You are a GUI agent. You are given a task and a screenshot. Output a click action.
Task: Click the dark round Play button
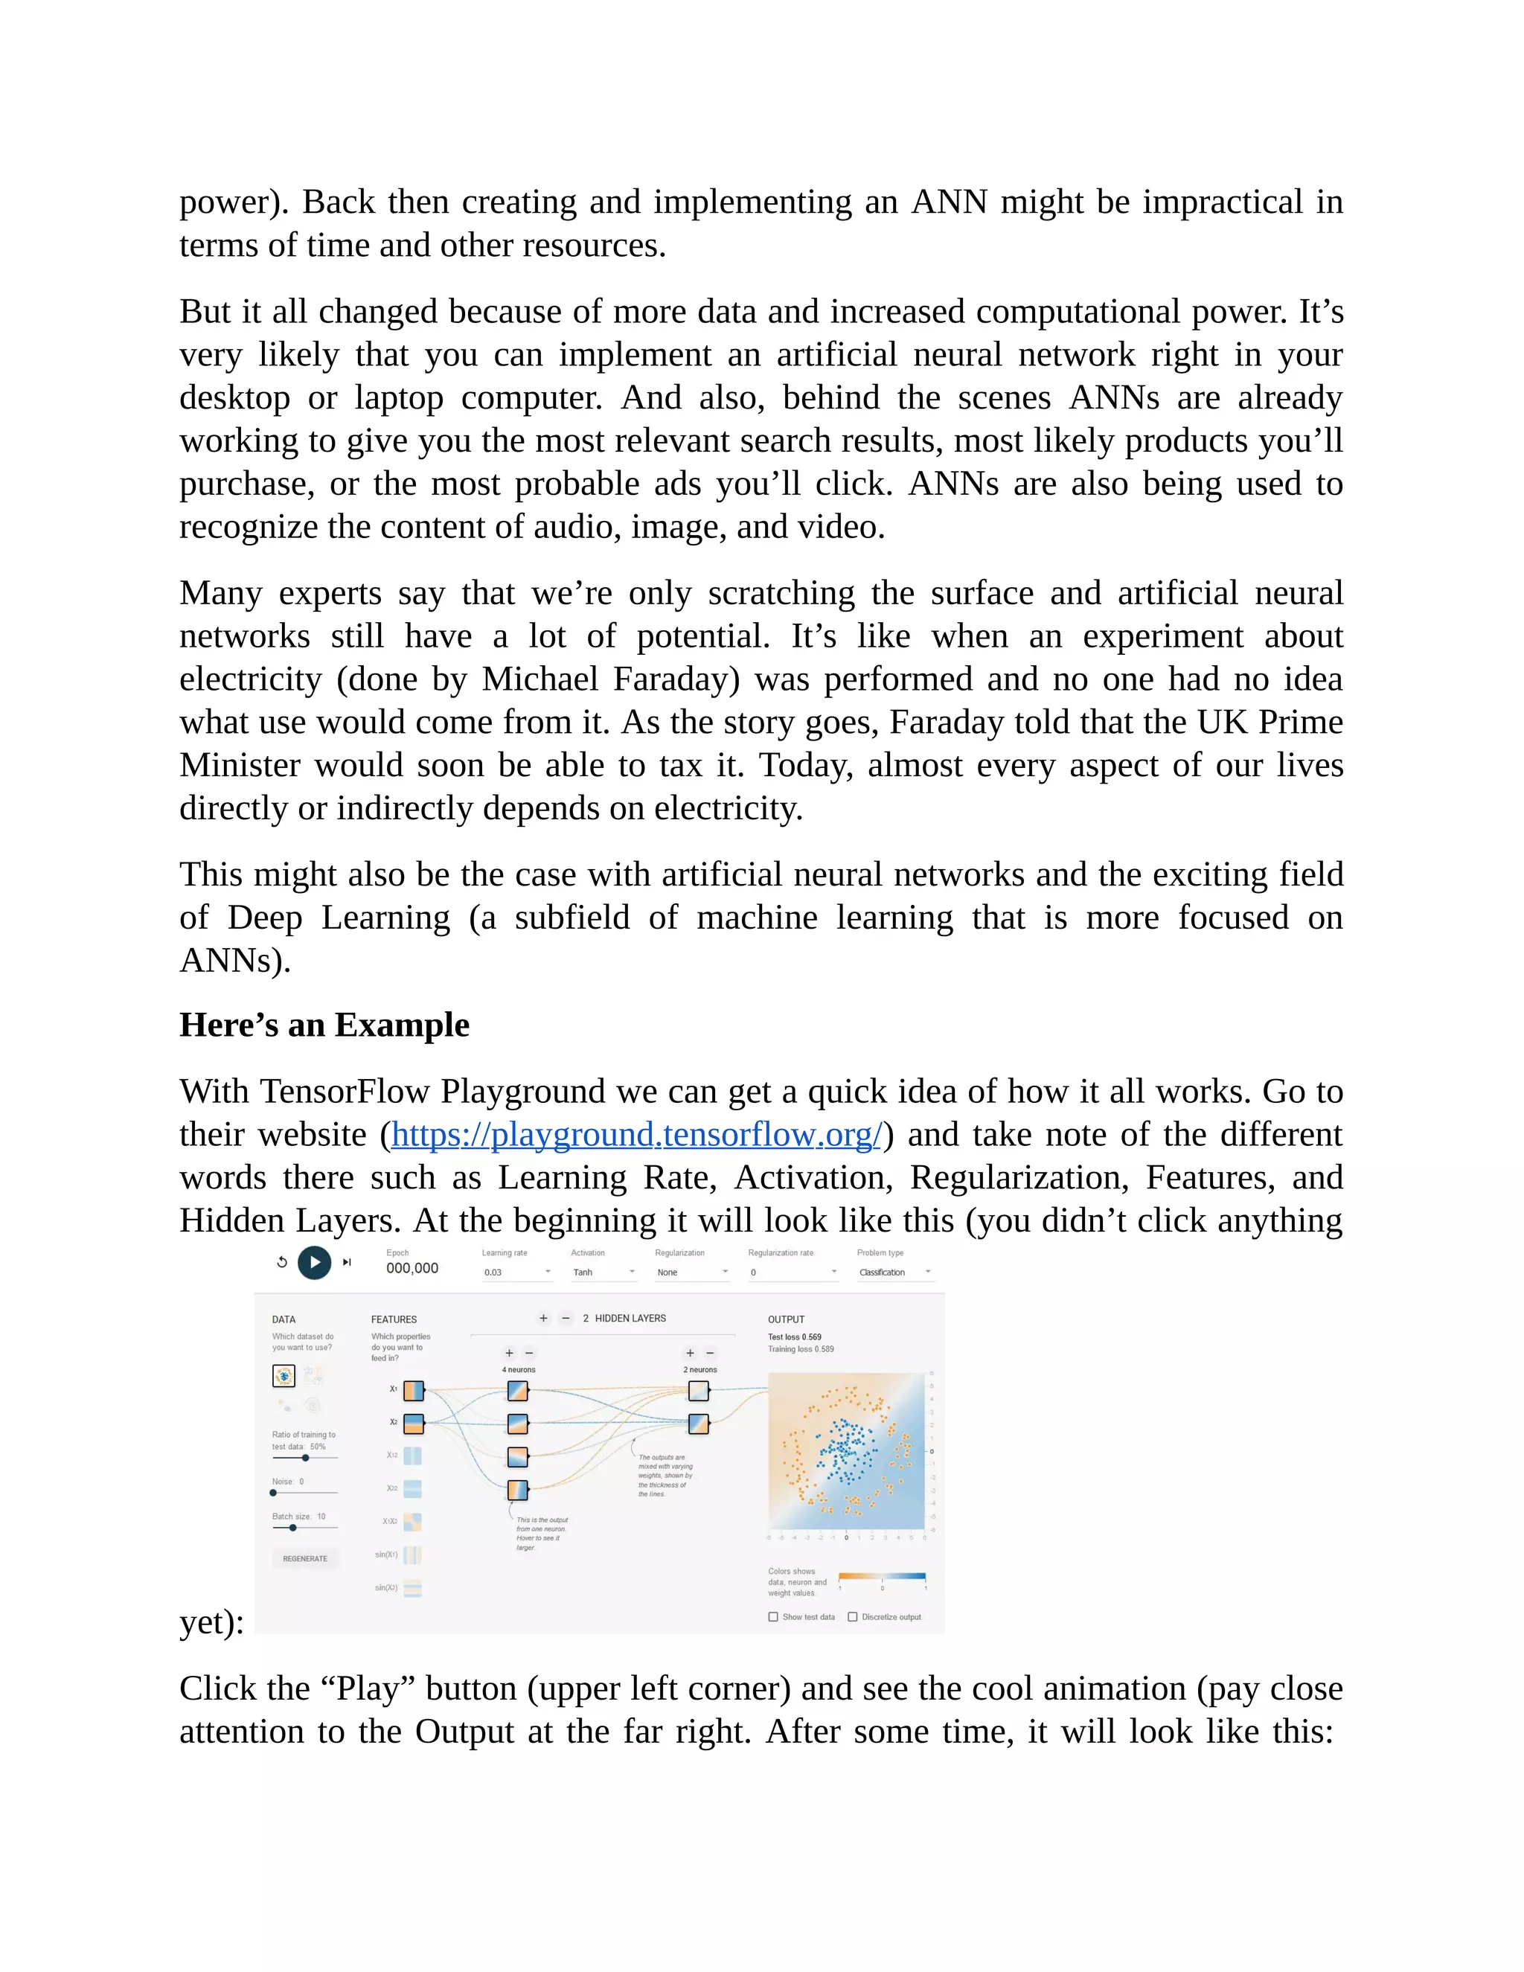(314, 1262)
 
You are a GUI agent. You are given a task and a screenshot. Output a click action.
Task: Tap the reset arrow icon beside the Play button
(282, 1262)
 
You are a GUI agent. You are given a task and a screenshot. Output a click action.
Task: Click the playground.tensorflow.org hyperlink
(635, 1135)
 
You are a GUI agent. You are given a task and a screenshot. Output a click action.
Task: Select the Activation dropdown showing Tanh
(603, 1272)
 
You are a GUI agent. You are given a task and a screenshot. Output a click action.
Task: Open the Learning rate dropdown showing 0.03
(516, 1272)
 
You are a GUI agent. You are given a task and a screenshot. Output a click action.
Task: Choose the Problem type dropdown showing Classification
(893, 1272)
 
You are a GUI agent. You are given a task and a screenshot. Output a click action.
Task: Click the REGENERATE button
(305, 1558)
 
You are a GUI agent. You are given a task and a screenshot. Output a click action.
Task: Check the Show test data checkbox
(773, 1617)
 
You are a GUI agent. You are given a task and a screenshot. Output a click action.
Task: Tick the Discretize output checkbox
(852, 1617)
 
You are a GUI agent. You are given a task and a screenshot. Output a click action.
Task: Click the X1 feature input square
(414, 1391)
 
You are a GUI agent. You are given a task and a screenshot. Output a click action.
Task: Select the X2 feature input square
(414, 1424)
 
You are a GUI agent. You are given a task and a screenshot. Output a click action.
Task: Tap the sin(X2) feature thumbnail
(412, 1588)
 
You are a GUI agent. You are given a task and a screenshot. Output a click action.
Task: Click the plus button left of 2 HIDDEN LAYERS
(543, 1319)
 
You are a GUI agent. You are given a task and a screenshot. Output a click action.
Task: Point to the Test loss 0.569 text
(795, 1337)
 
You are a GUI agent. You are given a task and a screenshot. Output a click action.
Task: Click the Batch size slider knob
(292, 1528)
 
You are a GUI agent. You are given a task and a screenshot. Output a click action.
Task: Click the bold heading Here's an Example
(324, 1025)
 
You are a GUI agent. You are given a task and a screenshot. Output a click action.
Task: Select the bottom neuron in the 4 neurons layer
(517, 1490)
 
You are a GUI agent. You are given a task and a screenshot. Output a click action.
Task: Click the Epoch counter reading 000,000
(412, 1269)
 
